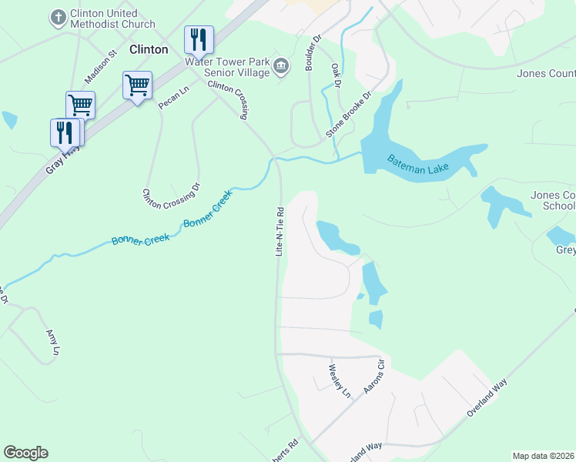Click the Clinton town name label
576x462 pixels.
(149, 49)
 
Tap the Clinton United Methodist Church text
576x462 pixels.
(104, 19)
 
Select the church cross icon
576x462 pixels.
(58, 16)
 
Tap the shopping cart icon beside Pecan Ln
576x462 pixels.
(137, 85)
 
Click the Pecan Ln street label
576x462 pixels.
(173, 98)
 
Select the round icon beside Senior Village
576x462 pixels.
(281, 67)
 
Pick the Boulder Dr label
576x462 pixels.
(311, 52)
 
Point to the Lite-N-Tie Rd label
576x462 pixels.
(281, 231)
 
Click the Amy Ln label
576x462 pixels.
(52, 342)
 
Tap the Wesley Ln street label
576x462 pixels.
(340, 381)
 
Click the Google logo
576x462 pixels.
(25, 453)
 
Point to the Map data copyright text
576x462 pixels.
(542, 456)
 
